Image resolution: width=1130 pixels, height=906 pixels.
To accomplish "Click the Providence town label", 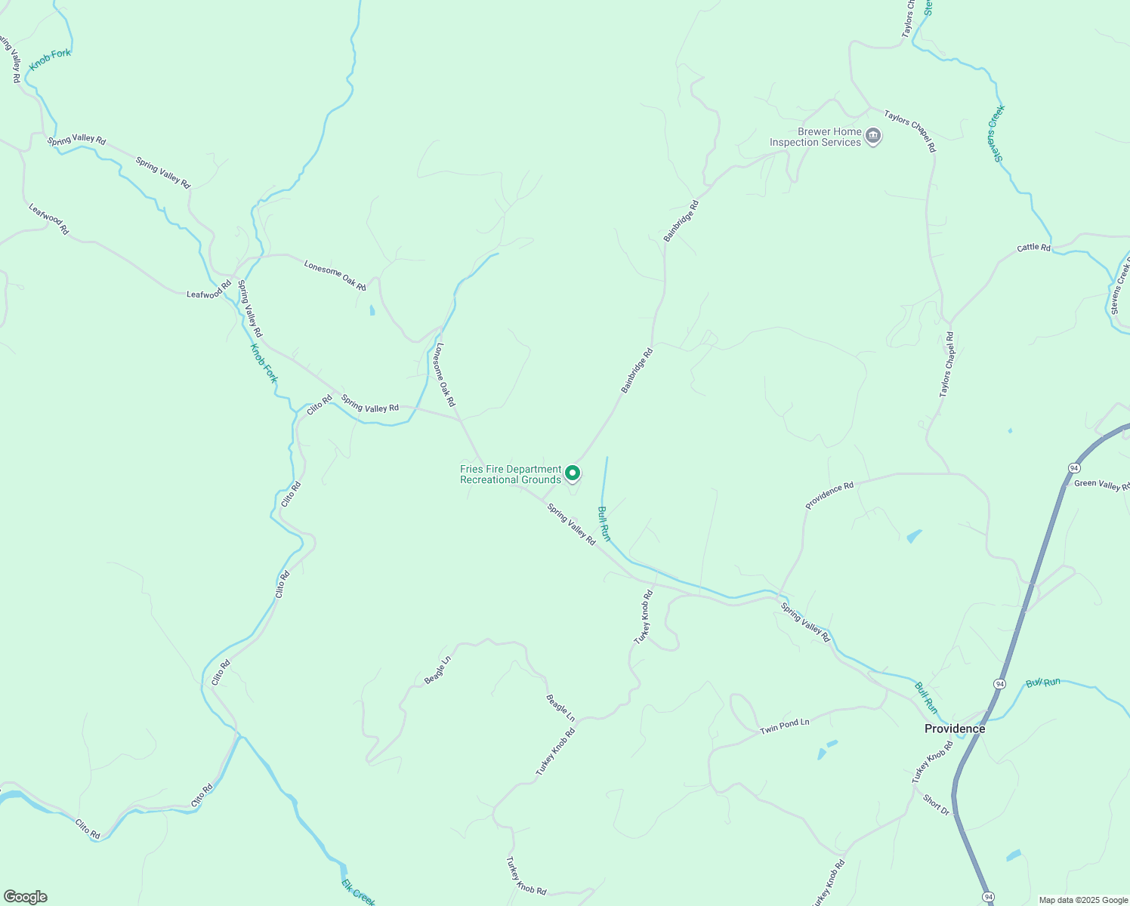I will coord(955,729).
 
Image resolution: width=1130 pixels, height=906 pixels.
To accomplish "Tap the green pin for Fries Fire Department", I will coord(573,473).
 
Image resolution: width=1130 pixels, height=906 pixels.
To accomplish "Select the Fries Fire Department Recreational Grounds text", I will coord(511,474).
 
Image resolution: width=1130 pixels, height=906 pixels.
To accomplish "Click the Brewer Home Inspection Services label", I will coord(815,137).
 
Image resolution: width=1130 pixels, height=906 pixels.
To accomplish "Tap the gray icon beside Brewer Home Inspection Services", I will coord(873,137).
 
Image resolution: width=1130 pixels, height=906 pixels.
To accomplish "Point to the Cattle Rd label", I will coord(1033,248).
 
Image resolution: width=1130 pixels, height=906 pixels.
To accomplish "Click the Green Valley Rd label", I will coord(1102,485).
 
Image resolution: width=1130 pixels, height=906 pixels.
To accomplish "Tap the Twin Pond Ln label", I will coord(784,726).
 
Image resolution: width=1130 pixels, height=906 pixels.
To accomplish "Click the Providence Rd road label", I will coord(829,495).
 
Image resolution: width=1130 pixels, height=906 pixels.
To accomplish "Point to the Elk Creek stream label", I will coord(357,892).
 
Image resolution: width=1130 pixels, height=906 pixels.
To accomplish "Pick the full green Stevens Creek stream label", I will coord(996,133).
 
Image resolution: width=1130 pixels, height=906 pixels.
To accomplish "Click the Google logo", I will coord(25,897).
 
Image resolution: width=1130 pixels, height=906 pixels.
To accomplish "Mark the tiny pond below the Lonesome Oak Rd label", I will coord(372,310).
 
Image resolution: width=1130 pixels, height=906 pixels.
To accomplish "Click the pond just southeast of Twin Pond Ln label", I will coord(824,750).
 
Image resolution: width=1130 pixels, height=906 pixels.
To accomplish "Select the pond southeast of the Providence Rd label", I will coord(914,536).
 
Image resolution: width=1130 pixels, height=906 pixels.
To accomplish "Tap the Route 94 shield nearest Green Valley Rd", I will coord(1074,468).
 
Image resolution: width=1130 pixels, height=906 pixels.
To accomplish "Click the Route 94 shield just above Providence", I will coord(999,683).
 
